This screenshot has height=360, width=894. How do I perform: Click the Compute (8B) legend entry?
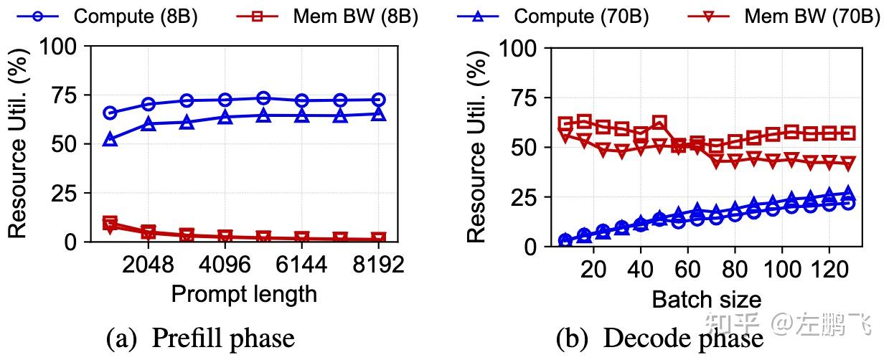click(x=108, y=16)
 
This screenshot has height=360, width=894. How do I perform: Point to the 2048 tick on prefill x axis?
click(x=149, y=265)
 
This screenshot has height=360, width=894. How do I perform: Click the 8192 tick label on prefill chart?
click(x=378, y=265)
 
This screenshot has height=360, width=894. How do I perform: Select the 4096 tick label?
click(x=225, y=265)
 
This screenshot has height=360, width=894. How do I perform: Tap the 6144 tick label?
click(x=301, y=265)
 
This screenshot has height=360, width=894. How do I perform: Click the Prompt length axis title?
click(x=243, y=293)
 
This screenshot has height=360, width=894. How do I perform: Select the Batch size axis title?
click(x=706, y=298)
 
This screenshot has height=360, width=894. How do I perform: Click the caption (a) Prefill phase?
click(x=199, y=338)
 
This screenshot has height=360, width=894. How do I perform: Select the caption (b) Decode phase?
click(x=659, y=338)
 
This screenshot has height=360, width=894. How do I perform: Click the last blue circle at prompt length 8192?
click(x=378, y=100)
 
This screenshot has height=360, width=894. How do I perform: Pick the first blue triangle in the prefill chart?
click(x=110, y=140)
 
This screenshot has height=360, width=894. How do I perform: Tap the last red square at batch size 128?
click(x=848, y=133)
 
